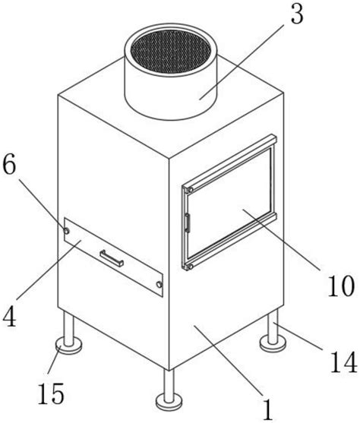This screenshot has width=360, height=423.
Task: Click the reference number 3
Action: [x=297, y=13]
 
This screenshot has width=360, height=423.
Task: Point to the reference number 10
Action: [x=340, y=286]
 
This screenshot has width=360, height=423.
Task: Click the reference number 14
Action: [x=344, y=362]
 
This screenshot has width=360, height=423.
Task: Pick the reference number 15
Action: [x=51, y=393]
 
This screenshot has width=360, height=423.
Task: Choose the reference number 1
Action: [x=267, y=410]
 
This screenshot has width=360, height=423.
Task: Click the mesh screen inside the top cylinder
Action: [x=171, y=51]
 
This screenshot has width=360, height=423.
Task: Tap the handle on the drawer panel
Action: [x=112, y=258]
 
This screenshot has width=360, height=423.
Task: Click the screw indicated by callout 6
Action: [x=66, y=231]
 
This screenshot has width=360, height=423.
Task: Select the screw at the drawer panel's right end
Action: [x=159, y=284]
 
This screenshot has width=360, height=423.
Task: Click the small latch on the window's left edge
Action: [x=187, y=223]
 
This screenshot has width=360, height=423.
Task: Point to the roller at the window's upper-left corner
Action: [x=191, y=190]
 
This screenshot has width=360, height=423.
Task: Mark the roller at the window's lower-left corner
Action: [x=190, y=267]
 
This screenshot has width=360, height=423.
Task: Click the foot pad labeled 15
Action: [x=68, y=346]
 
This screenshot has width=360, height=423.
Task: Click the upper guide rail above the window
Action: [x=229, y=161]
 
